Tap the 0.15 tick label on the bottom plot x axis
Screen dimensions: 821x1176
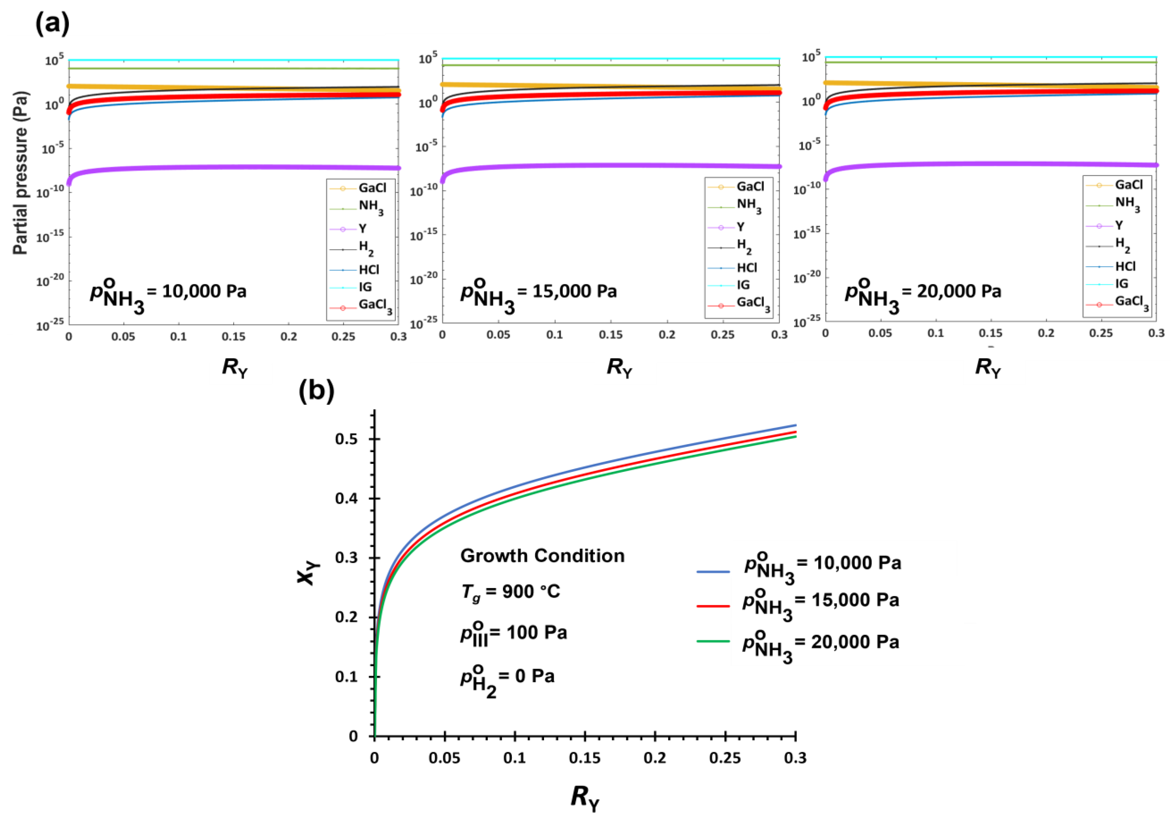584,758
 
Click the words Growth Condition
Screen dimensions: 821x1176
542,556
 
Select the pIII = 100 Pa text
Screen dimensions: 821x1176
513,634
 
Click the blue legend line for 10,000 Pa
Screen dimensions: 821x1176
713,571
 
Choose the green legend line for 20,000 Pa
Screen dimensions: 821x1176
713,641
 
